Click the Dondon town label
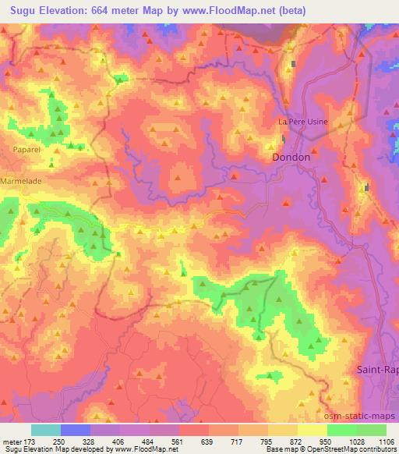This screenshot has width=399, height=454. (292, 157)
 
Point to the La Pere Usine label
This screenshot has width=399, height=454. (303, 122)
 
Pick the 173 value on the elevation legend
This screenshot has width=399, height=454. (30, 442)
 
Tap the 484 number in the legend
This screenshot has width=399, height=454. (150, 442)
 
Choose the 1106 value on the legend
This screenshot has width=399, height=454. (387, 442)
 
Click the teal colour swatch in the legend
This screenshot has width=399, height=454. (46, 430)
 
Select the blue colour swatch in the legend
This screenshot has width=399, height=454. (76, 430)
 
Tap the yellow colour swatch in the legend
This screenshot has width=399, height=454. (311, 430)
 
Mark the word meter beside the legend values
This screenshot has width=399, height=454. (11, 442)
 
